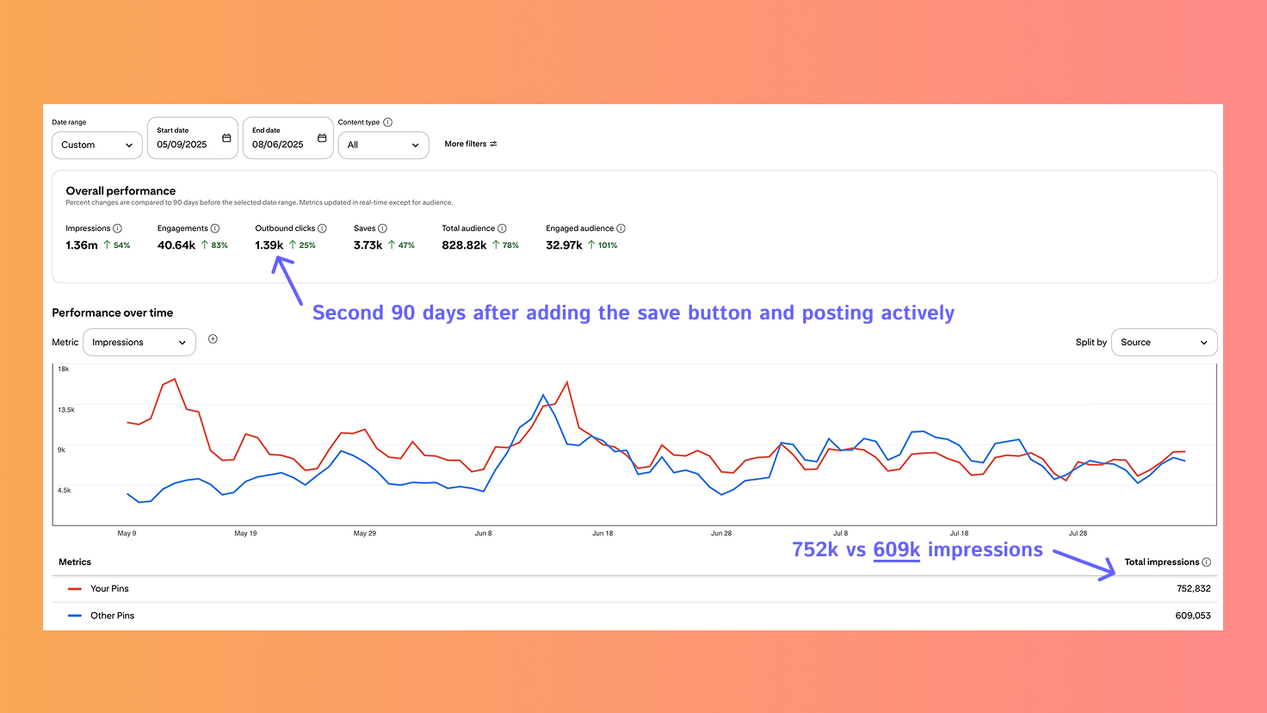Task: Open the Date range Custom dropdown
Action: pos(96,145)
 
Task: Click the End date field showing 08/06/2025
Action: pos(287,139)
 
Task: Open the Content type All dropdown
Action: pos(383,145)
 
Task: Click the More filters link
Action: pos(470,144)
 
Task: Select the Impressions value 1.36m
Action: pos(82,245)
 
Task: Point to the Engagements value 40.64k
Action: pos(176,245)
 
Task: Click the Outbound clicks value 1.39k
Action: pos(269,245)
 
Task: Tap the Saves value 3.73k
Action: pos(368,245)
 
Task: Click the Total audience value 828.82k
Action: pos(464,245)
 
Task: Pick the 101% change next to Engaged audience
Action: pos(608,245)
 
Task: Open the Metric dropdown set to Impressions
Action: pos(139,343)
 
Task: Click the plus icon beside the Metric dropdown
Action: pos(213,339)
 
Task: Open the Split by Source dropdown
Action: pos(1164,343)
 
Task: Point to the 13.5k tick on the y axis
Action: pos(66,410)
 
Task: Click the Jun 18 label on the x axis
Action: pos(603,533)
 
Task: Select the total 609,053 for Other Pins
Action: pos(1192,616)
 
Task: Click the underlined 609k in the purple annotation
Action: pos(896,550)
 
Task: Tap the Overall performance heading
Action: pos(121,191)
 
